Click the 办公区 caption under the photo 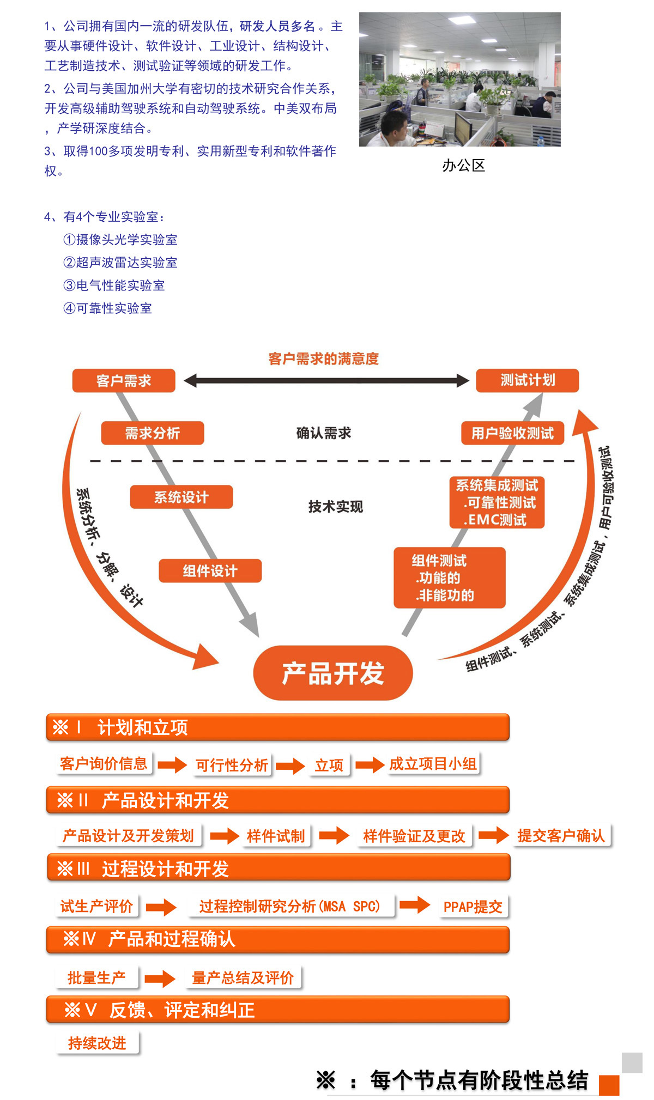463,166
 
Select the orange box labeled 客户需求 124,381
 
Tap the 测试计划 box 528,380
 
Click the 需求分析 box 153,433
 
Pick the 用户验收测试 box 512,433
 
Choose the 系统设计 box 181,497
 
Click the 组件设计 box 210,571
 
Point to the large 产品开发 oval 333,673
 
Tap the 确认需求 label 324,433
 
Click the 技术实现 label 336,507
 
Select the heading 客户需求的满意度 324,358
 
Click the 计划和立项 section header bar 278,727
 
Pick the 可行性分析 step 232,765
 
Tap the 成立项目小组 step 433,764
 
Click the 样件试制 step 276,836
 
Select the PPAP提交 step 473,907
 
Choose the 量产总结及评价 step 243,978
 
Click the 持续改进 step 97,1043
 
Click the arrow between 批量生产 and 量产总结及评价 160,979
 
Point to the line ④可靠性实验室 108,308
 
